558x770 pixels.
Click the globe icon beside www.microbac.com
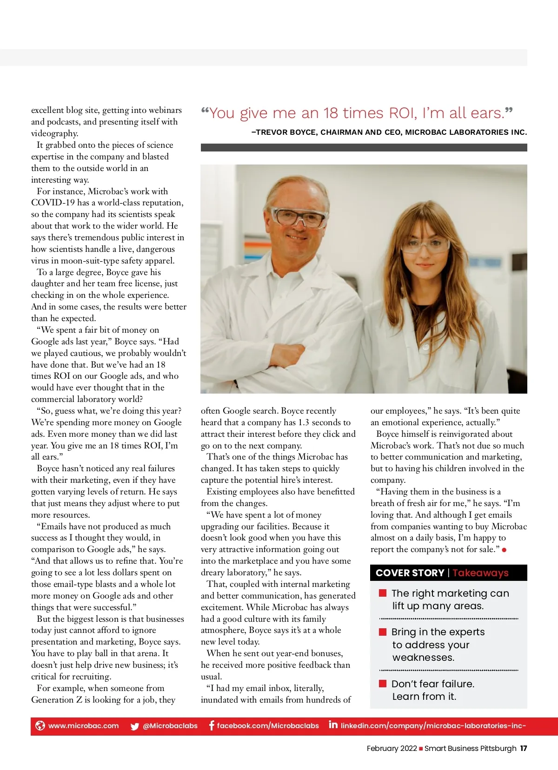(x=40, y=725)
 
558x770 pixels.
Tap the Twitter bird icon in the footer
(x=135, y=726)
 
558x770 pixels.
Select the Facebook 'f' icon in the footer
(x=212, y=725)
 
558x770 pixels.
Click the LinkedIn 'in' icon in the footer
(x=333, y=724)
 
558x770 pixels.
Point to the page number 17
(x=524, y=748)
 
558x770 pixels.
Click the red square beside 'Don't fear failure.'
(x=383, y=683)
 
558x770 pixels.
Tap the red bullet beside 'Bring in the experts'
(x=383, y=632)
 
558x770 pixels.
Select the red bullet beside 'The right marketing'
(x=383, y=592)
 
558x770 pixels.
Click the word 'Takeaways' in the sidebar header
(x=480, y=573)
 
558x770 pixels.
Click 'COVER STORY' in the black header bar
(x=410, y=573)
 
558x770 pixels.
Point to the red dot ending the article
(x=505, y=550)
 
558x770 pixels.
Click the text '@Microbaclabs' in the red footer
(x=170, y=726)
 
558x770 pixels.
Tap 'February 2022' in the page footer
(x=392, y=748)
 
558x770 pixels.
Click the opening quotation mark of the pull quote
(x=205, y=112)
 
